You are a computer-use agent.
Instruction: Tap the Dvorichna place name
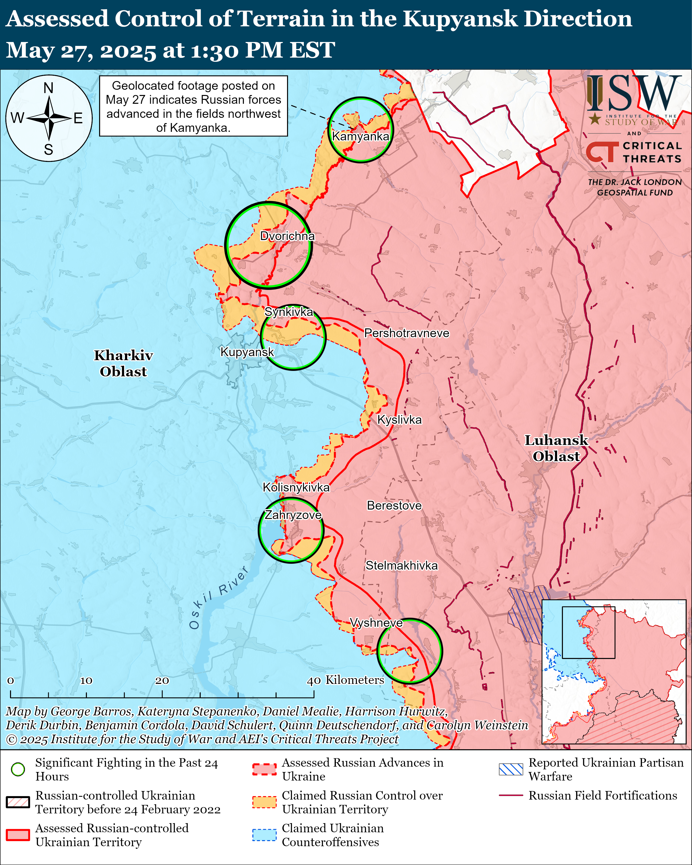[287, 236]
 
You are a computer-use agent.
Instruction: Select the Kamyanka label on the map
[360, 136]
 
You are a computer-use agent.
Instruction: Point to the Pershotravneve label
[406, 333]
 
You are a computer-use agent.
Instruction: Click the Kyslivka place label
[400, 420]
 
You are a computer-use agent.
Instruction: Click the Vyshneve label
[376, 623]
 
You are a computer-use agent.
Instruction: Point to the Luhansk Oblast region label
[556, 448]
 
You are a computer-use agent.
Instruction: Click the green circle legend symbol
[18, 769]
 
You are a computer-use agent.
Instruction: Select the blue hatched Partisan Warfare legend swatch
[511, 769]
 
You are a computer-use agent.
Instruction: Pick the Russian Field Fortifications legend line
[511, 795]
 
